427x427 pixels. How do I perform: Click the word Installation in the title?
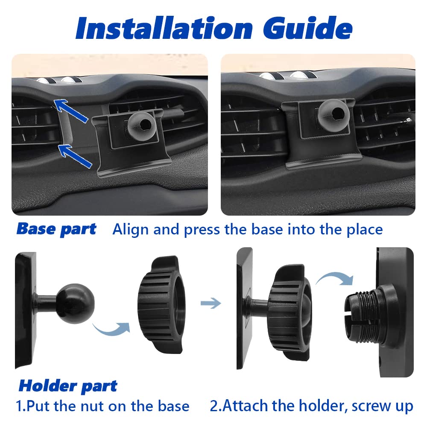point(164,28)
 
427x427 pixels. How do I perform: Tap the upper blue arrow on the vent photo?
point(71,111)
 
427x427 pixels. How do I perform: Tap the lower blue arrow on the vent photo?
point(75,156)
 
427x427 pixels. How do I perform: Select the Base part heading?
point(56,229)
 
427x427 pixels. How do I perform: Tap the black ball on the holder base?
point(76,303)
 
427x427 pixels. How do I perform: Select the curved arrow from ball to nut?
point(111,329)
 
